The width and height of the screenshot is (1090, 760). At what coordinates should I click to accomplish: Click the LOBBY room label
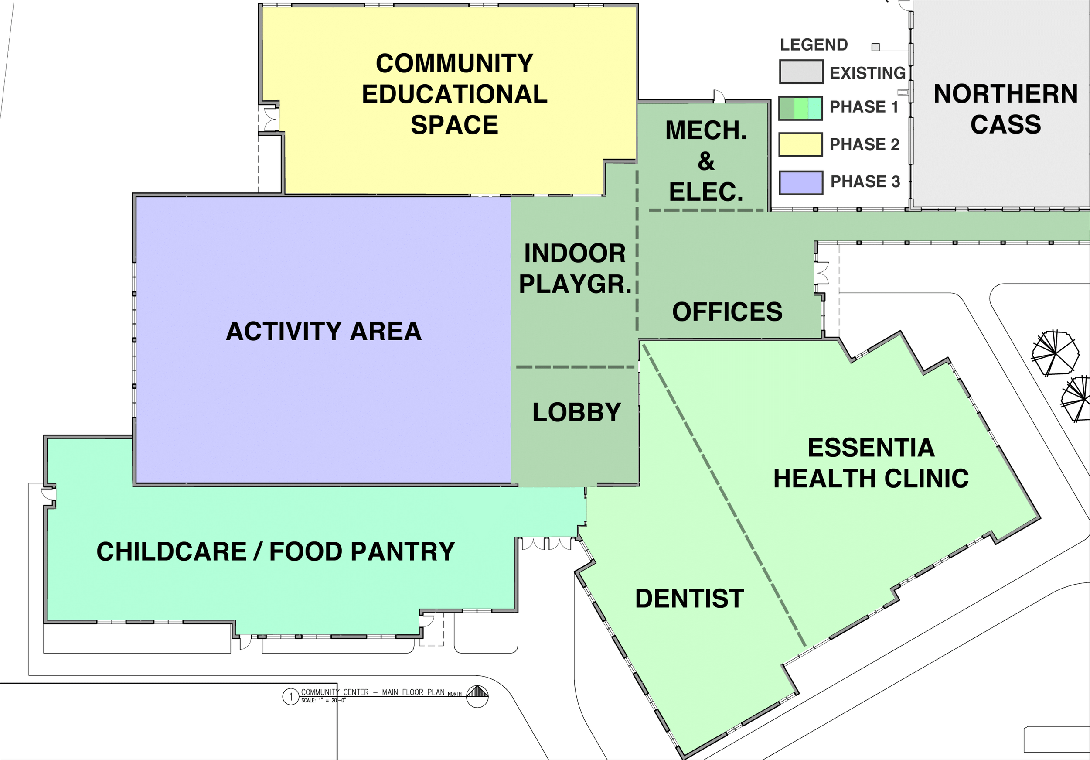[x=577, y=412]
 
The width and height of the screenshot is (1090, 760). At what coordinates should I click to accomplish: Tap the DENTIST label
[x=690, y=599]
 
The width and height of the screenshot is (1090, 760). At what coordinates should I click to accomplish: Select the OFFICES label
[x=727, y=312]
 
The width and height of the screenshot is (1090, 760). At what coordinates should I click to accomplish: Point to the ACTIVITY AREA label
[x=324, y=331]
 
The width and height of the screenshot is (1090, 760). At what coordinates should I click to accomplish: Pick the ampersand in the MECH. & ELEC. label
[x=706, y=161]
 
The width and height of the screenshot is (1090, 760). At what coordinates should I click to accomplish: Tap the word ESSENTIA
[x=872, y=448]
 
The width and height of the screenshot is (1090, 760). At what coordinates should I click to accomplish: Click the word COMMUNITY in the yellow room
[x=455, y=63]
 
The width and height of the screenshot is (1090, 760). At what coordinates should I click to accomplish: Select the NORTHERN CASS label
[x=1005, y=109]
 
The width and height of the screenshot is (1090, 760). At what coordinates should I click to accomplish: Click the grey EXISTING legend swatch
[x=801, y=72]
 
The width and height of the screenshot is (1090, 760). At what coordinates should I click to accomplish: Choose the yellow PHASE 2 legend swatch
[x=801, y=144]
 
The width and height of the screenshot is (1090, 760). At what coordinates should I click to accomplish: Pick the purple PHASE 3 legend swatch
[x=801, y=182]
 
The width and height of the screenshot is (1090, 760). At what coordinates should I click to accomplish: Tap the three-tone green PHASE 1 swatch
[x=800, y=108]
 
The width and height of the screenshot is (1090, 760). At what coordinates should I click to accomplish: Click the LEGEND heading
[x=814, y=45]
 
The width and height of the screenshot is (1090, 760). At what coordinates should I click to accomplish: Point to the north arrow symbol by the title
[x=477, y=696]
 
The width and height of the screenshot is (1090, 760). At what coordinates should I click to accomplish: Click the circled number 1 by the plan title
[x=290, y=697]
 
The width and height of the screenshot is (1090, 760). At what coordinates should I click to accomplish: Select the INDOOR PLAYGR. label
[x=575, y=268]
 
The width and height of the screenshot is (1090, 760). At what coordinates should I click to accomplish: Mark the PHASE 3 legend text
[x=865, y=181]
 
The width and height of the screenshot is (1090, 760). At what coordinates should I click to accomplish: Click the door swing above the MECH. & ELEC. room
[x=719, y=96]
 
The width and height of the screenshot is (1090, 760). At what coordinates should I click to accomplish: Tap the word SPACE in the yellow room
[x=454, y=125]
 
